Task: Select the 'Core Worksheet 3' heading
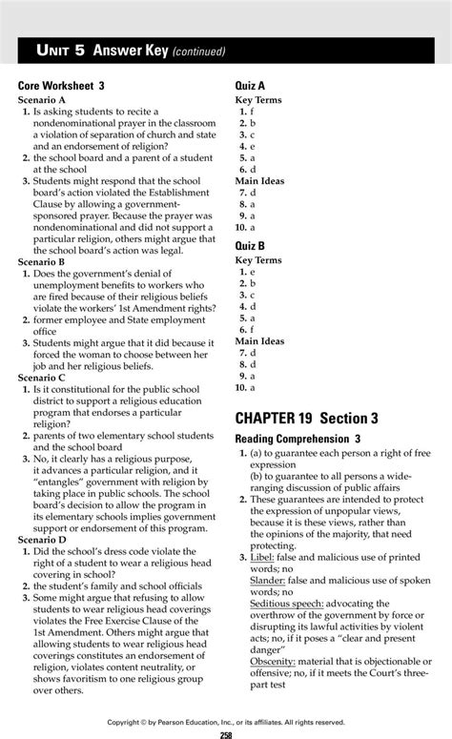(x=61, y=86)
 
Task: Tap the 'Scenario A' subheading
(x=42, y=99)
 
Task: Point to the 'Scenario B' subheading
(x=42, y=260)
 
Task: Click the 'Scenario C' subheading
(x=42, y=378)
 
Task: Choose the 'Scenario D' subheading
(x=42, y=539)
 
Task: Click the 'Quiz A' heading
(x=250, y=86)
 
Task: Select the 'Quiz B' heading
(x=250, y=246)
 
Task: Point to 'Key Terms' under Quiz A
(x=258, y=99)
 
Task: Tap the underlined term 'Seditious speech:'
(x=287, y=603)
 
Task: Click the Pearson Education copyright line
(x=226, y=722)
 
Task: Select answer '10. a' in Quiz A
(x=246, y=228)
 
